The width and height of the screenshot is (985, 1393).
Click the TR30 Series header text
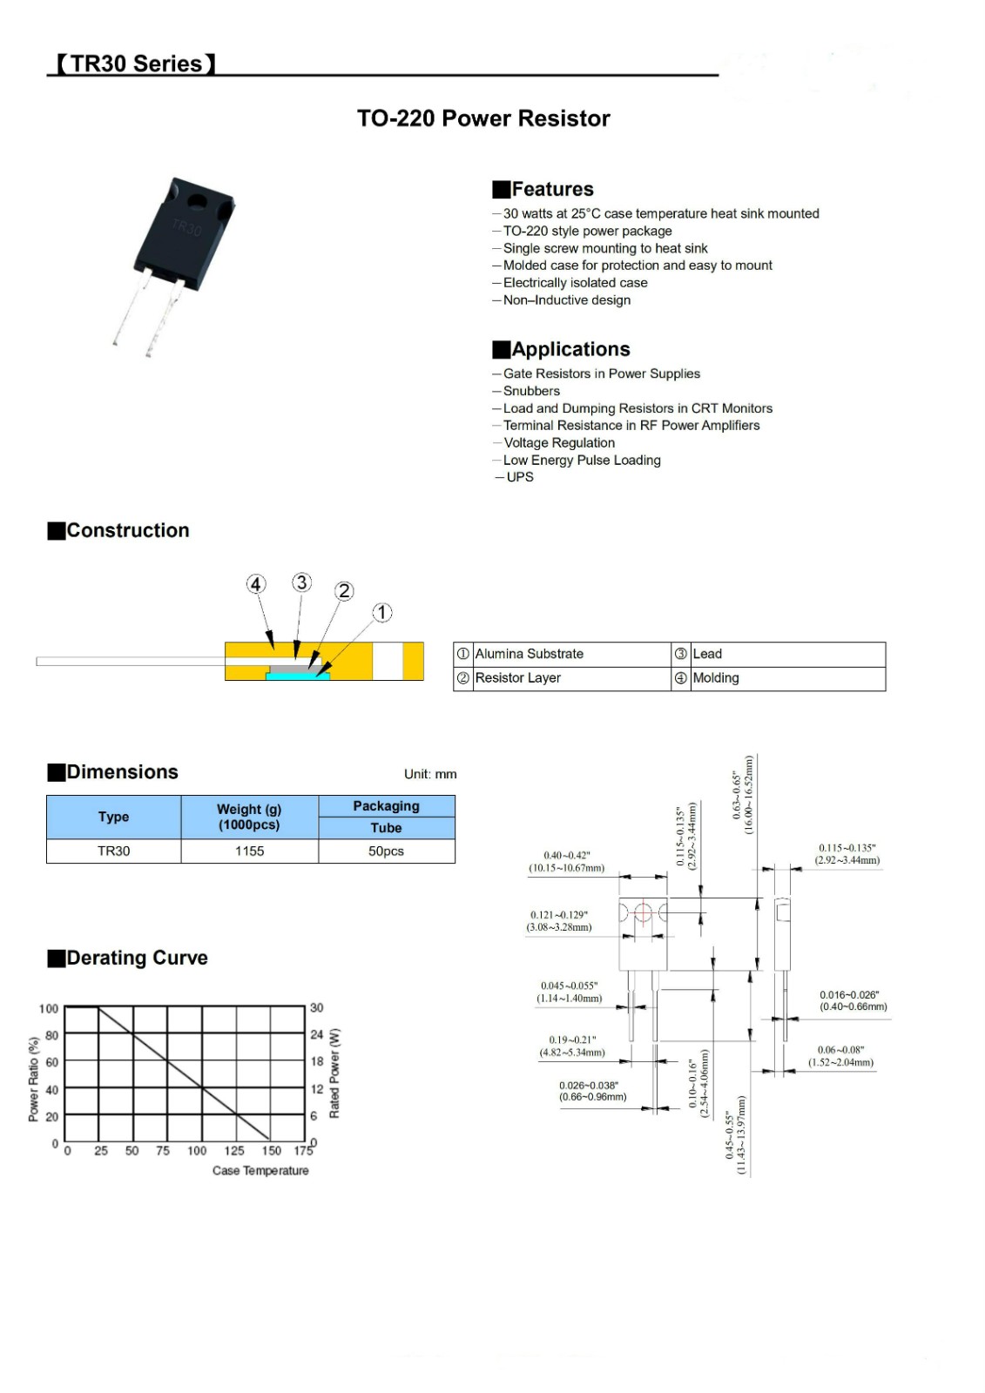tap(136, 64)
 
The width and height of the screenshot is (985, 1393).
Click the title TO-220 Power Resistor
tap(483, 118)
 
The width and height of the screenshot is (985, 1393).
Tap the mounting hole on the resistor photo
tap(197, 203)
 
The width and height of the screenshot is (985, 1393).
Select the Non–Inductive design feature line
tap(566, 300)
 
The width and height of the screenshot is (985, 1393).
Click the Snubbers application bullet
tap(531, 391)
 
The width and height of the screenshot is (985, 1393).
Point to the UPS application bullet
tap(519, 477)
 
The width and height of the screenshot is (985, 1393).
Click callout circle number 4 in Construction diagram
tap(255, 584)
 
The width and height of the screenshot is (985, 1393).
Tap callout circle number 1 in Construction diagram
tap(382, 613)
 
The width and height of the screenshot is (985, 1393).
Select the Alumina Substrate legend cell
tap(529, 654)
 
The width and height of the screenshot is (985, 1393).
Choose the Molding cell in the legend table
tap(715, 678)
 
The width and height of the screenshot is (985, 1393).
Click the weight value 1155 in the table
tap(249, 851)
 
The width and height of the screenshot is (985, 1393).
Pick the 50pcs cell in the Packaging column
tap(386, 851)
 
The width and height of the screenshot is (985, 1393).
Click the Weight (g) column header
tap(249, 817)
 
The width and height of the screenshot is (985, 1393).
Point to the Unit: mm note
tap(430, 774)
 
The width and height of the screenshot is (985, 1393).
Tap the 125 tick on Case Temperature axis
tap(234, 1151)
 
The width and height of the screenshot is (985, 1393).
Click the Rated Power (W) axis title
tap(334, 1073)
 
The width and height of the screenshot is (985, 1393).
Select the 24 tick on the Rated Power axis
tap(316, 1035)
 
